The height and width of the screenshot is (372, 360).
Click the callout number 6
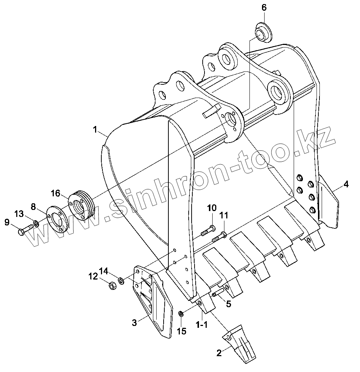click(264, 8)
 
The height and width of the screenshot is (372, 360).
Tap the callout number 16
click(55, 193)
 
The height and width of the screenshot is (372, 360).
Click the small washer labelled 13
click(36, 224)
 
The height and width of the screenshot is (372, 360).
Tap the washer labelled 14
click(120, 281)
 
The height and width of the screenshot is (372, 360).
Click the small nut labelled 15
click(181, 314)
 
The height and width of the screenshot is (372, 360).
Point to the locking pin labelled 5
click(218, 293)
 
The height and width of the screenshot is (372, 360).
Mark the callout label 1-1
click(202, 324)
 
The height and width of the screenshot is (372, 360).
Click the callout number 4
click(346, 184)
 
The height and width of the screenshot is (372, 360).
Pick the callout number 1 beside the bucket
click(95, 130)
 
